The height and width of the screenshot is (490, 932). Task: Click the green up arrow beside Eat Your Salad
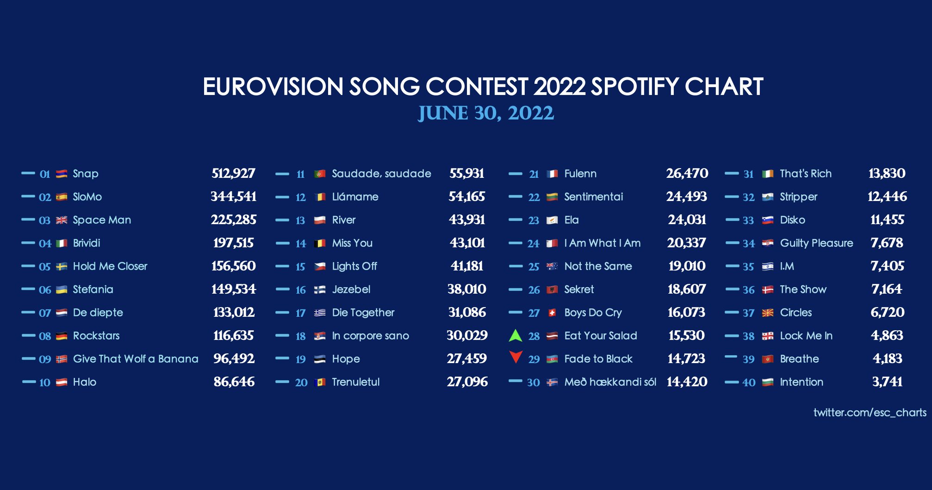coord(515,335)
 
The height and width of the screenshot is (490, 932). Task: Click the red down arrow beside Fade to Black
coord(516,357)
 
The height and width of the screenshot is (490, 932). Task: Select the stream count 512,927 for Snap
coord(233,174)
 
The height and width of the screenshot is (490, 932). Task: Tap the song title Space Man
coord(102,220)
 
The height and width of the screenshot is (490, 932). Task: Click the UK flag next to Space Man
coord(62,220)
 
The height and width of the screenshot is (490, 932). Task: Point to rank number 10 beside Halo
coord(44,383)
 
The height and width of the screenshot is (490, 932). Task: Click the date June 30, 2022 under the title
coord(485,113)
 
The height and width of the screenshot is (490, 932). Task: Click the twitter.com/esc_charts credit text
coord(870,412)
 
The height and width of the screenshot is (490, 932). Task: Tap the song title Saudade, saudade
coord(381,174)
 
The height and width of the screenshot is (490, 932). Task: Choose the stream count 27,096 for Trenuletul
coord(467,382)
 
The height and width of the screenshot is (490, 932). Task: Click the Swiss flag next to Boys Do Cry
coord(552,313)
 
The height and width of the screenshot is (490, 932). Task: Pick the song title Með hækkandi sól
coord(610,382)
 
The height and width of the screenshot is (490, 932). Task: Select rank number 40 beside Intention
coord(749,383)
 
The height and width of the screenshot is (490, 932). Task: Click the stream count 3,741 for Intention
coord(887,382)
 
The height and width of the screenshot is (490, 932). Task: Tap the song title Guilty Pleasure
coord(816,243)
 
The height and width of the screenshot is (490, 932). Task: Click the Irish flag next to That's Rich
coord(768,174)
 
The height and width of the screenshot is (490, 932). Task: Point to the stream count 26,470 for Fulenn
coord(687,174)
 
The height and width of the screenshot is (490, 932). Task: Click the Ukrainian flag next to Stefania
coord(62,289)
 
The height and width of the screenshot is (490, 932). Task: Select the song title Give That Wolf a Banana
coord(136,359)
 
